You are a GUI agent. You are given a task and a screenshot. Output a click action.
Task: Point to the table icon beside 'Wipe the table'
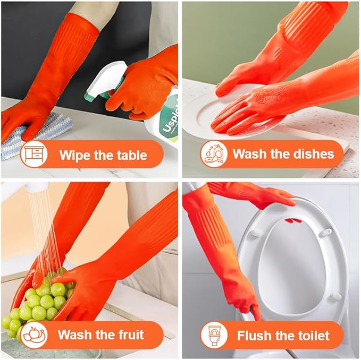point(34,155)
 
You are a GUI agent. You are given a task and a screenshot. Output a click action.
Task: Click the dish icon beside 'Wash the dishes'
point(214,155)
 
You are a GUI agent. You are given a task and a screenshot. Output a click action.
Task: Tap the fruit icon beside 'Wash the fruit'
point(34,335)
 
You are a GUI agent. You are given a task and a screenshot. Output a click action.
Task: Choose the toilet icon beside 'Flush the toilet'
point(214,335)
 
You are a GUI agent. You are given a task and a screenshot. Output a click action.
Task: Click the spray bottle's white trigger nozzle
point(106,80)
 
